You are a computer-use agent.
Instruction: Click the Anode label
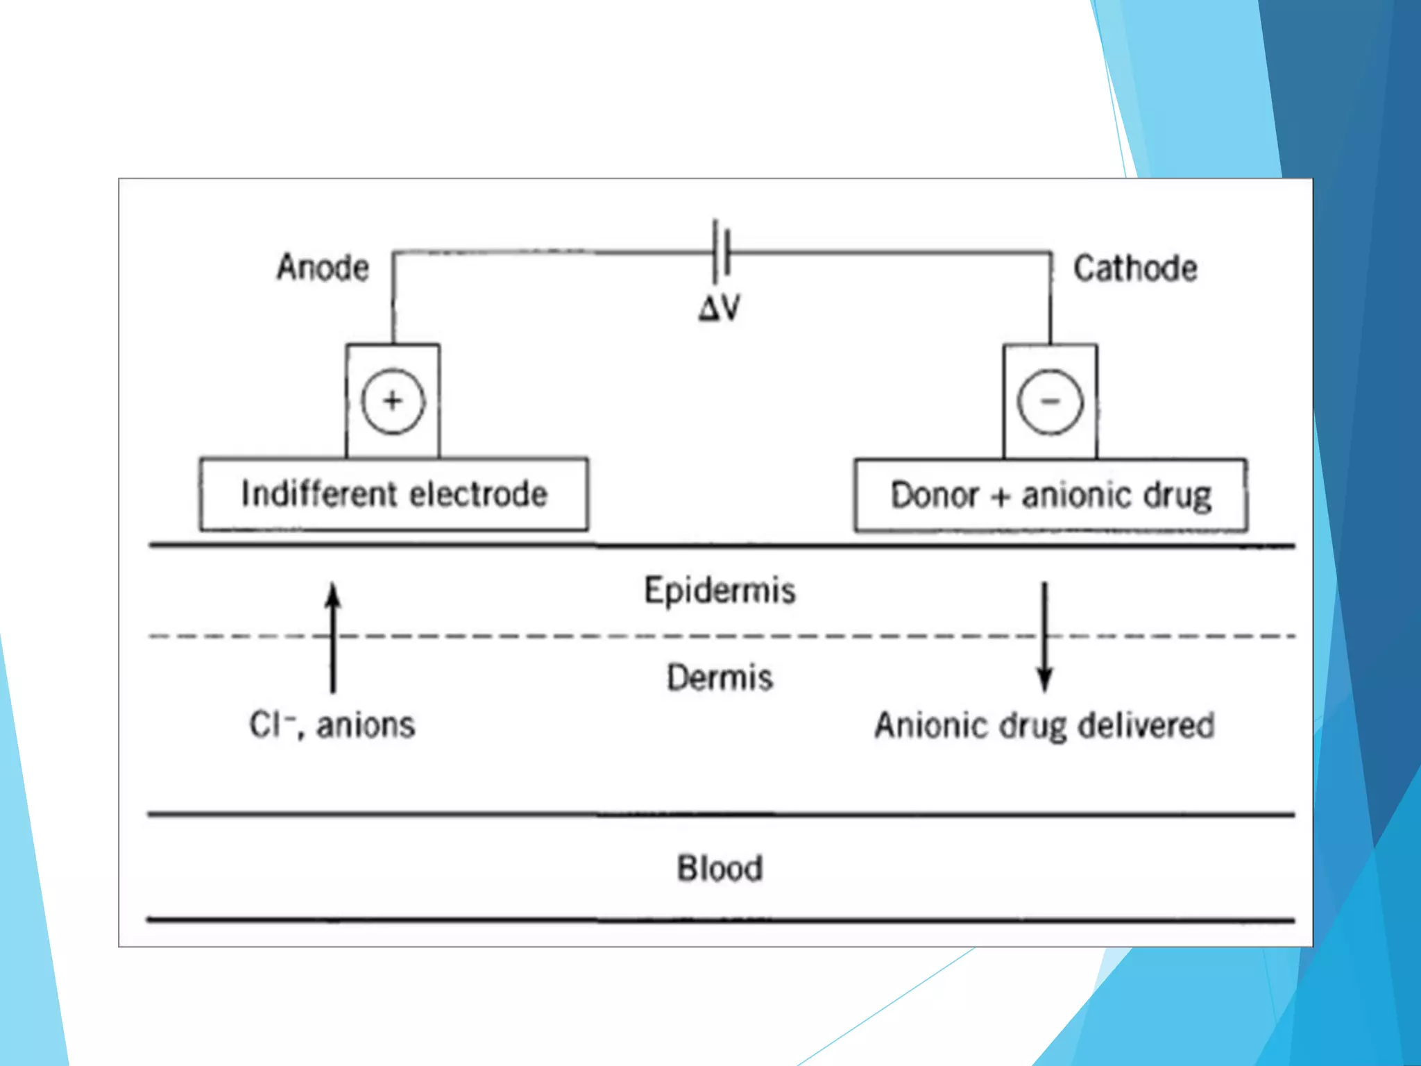[x=323, y=268]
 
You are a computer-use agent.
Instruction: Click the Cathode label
[x=1135, y=269]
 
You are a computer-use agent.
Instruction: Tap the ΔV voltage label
[x=720, y=307]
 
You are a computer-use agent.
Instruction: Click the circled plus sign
[x=393, y=401]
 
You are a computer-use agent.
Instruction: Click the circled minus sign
[x=1050, y=402]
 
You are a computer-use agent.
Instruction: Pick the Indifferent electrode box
[x=394, y=495]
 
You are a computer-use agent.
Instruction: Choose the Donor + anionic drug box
[x=1050, y=496]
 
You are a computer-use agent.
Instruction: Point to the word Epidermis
[x=720, y=591]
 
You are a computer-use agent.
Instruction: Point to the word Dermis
[x=720, y=677]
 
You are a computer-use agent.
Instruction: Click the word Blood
[x=720, y=868]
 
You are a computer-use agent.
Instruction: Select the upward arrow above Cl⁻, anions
[x=333, y=636]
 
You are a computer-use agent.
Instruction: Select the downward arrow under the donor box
[x=1045, y=636]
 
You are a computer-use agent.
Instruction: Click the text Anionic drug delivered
[x=1044, y=726]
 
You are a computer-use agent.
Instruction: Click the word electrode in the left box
[x=479, y=495]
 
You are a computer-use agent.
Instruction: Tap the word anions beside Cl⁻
[x=366, y=725]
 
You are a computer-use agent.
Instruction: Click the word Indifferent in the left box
[x=318, y=495]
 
